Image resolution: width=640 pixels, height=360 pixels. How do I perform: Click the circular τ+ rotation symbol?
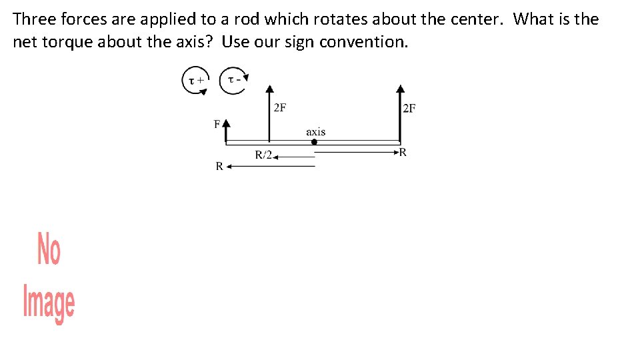(x=196, y=81)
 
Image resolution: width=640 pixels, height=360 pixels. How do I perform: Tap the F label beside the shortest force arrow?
(x=217, y=124)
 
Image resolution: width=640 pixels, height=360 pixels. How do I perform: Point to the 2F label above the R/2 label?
(x=280, y=108)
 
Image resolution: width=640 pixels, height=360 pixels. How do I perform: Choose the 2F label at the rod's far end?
(x=409, y=109)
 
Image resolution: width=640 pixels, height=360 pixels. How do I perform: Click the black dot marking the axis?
(x=315, y=141)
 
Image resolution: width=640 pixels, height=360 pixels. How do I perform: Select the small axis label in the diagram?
(x=316, y=131)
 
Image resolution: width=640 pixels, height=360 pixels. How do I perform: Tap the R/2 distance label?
(x=264, y=155)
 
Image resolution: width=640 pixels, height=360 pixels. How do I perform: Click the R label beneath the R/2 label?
(x=219, y=167)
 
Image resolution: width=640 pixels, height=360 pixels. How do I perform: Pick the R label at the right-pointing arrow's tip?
(x=403, y=152)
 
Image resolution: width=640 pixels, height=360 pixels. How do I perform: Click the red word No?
(x=49, y=248)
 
